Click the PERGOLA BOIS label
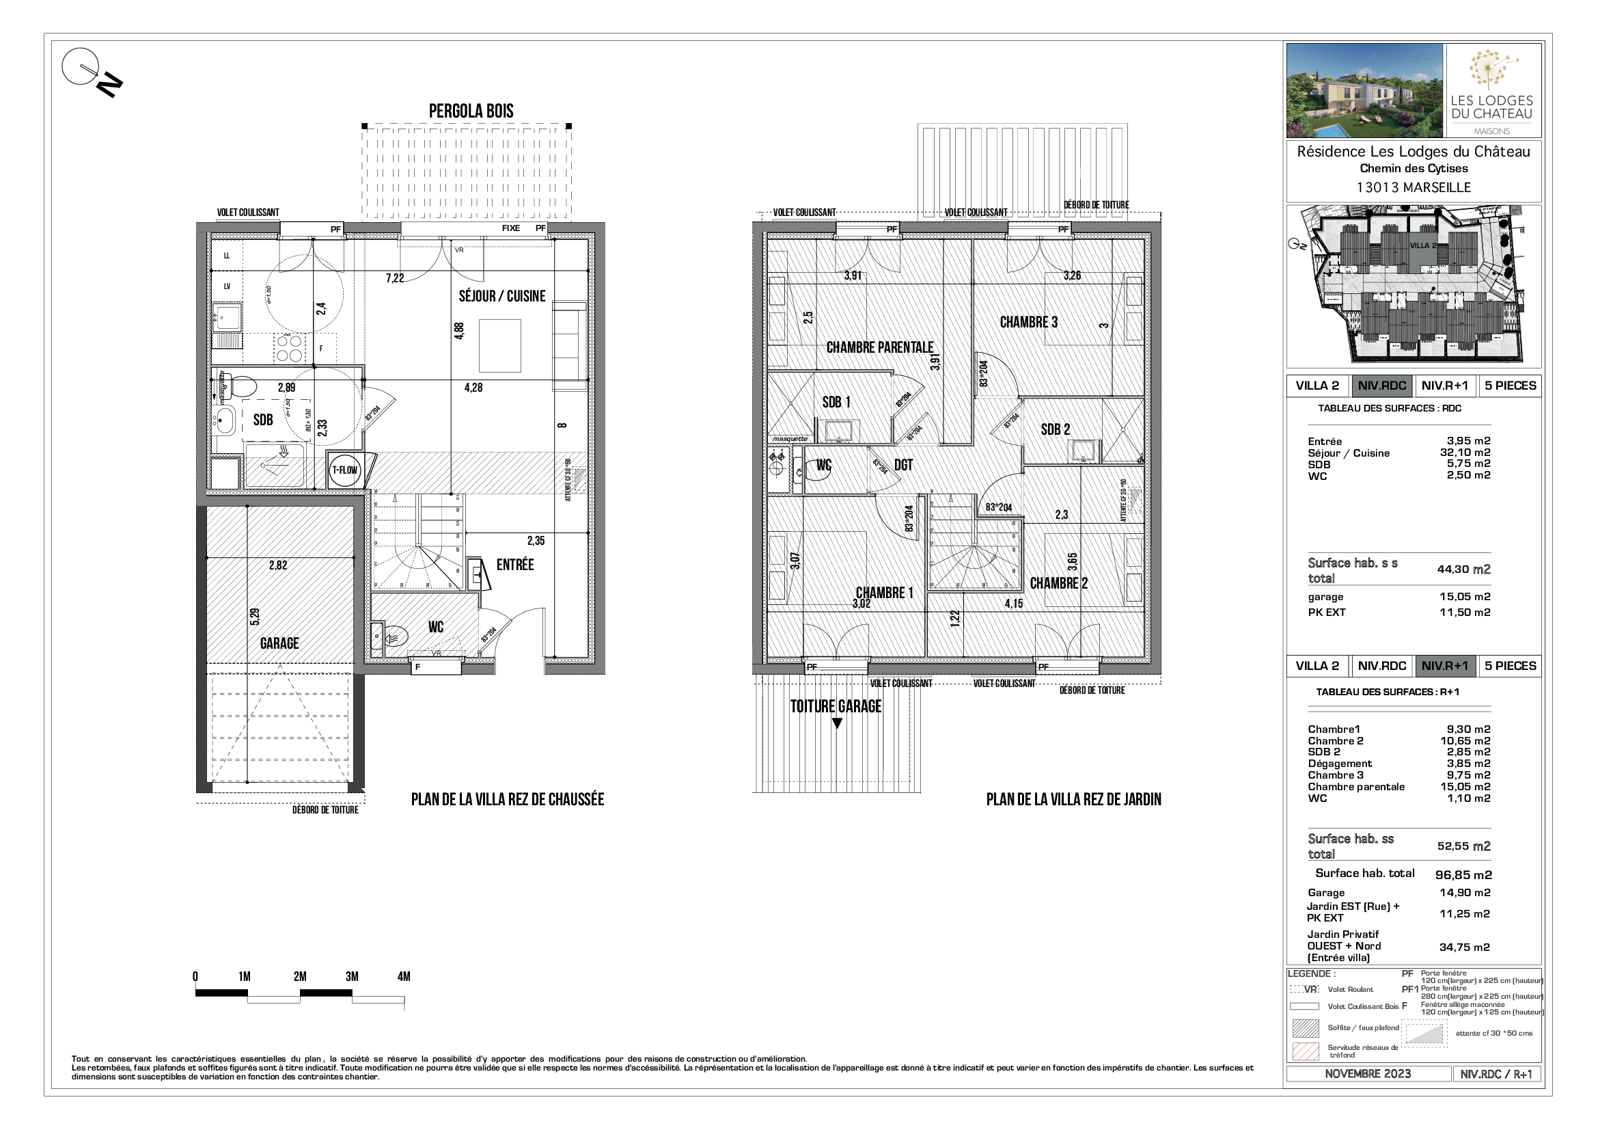[x=471, y=111]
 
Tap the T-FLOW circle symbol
[x=344, y=470]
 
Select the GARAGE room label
[x=279, y=643]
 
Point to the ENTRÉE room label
[x=515, y=565]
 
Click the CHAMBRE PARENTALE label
[x=879, y=347]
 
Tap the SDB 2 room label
[x=1055, y=429]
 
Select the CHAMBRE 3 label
[x=1028, y=323]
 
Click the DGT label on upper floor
[x=903, y=465]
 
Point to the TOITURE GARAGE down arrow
[x=838, y=724]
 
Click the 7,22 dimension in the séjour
[x=395, y=278]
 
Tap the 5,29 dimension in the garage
[x=255, y=616]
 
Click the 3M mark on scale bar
[x=352, y=977]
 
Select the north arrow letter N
[x=110, y=85]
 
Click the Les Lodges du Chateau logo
[x=1491, y=90]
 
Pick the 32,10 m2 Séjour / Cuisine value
[x=1464, y=453]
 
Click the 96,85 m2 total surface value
[x=1463, y=875]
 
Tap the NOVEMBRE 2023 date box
[x=1367, y=1074]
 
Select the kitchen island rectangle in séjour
[x=499, y=346]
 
